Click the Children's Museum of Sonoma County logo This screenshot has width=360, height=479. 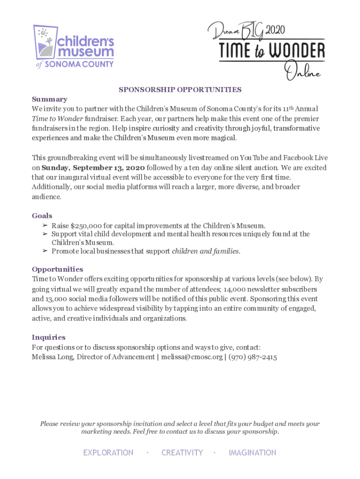(74, 47)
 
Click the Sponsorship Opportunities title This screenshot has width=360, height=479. (180, 89)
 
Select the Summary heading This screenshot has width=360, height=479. (50, 99)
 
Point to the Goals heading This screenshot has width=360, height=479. (42, 216)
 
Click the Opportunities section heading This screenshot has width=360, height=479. (58, 269)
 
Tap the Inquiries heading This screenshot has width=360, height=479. (49, 337)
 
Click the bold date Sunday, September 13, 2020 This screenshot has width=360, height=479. (93, 167)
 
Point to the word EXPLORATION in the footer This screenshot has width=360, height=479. (108, 453)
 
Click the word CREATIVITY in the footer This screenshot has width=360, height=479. (182, 453)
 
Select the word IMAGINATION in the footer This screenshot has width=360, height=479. (252, 453)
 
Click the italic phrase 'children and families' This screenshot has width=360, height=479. (206, 251)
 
